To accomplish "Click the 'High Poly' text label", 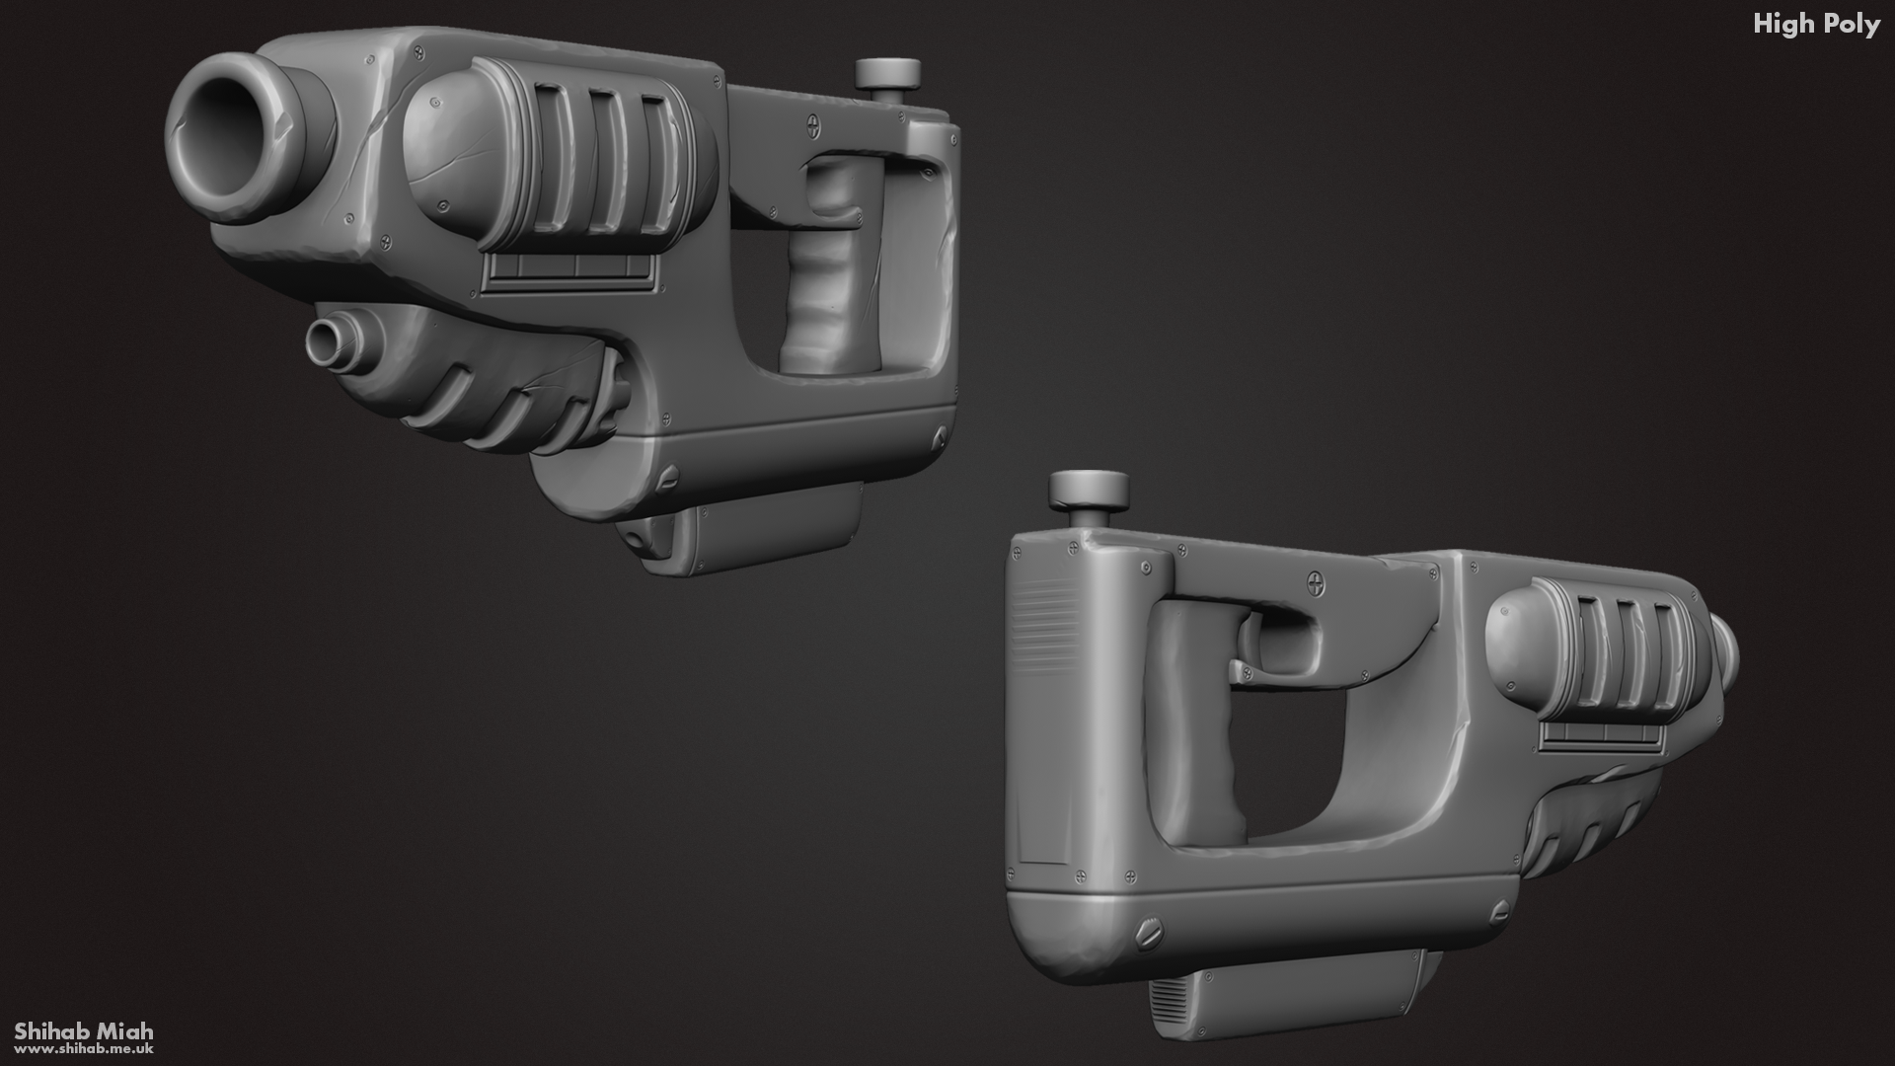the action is pos(1815,25).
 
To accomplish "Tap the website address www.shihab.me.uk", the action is pos(84,1050).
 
